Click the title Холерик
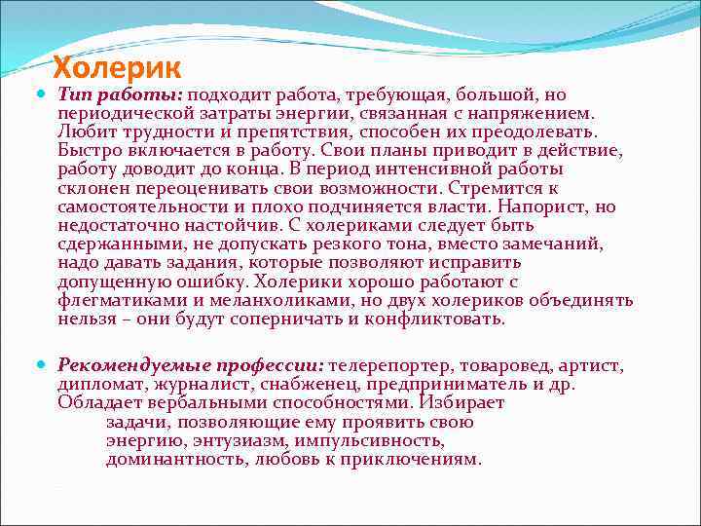point(117,69)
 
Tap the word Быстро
point(87,150)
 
